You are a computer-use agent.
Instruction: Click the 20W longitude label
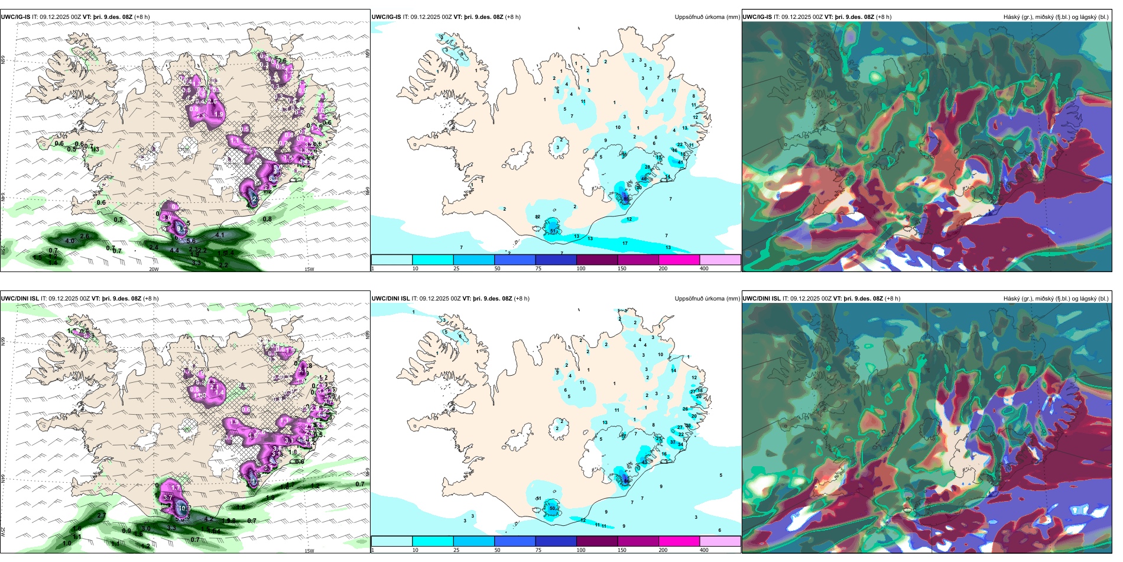pos(154,269)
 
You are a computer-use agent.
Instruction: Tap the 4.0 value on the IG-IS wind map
pos(70,241)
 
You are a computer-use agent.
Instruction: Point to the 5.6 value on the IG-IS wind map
pos(191,241)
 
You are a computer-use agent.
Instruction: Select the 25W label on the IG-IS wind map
pos(3,250)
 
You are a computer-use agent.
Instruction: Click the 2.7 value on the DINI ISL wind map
pos(101,515)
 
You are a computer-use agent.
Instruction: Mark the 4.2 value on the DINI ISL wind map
pos(208,519)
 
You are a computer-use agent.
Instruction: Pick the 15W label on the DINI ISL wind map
pos(309,551)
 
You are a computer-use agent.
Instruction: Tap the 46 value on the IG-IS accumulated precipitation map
pos(644,179)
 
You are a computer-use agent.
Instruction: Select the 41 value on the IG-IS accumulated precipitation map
pos(680,162)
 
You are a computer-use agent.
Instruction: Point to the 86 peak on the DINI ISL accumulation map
pos(627,482)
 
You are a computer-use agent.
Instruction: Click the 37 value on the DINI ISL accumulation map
pos(673,442)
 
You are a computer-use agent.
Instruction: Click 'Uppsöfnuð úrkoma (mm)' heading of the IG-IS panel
pos(707,17)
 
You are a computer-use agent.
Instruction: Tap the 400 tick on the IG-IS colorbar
pos(704,269)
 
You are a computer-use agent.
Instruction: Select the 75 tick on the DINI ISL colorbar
pos(538,550)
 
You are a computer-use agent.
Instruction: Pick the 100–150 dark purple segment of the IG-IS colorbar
pos(597,260)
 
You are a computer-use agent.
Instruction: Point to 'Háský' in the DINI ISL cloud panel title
pos(1011,299)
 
